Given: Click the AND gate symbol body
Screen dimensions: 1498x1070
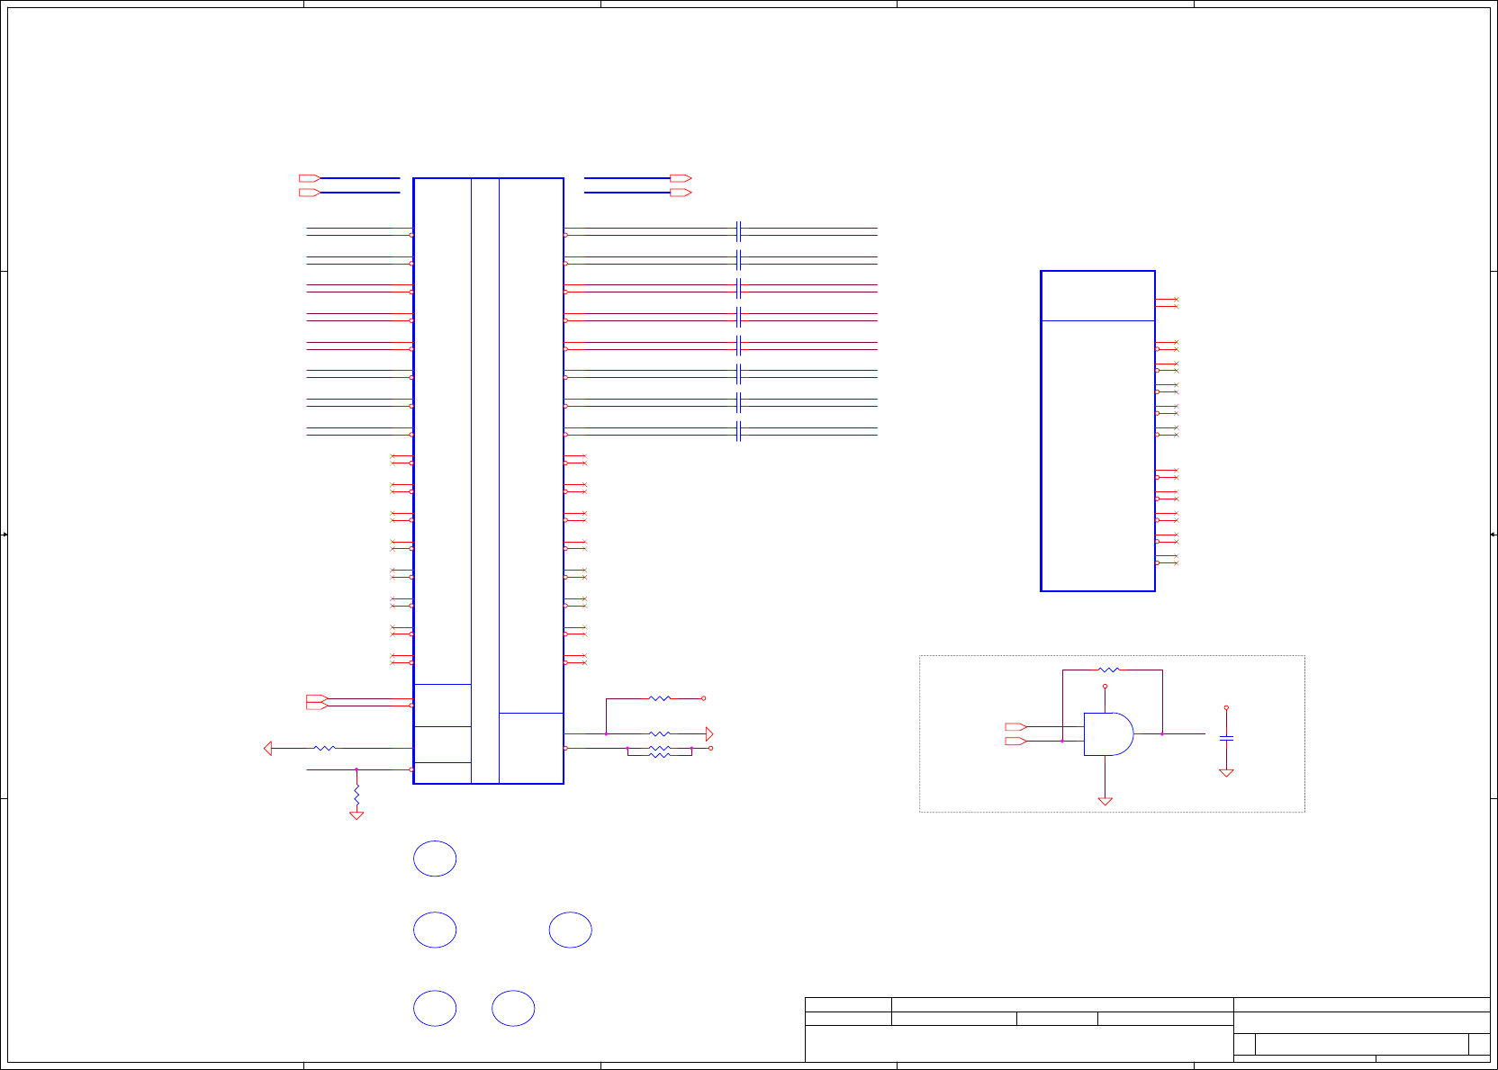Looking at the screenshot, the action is click(x=1108, y=734).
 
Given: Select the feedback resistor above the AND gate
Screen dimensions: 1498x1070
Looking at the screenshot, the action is click(x=1109, y=670).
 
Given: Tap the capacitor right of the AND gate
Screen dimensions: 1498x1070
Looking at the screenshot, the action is click(x=1226, y=738).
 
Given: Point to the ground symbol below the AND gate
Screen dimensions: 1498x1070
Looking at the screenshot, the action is click(x=1105, y=800).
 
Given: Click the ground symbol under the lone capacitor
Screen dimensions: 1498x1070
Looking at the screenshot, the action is click(x=1226, y=772).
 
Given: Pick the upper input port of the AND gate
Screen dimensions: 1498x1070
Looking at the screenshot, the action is click(x=1015, y=726).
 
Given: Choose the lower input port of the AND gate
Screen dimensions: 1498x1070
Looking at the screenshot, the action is click(x=1015, y=741).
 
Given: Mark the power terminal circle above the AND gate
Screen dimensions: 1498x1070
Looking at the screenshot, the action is click(x=1105, y=687).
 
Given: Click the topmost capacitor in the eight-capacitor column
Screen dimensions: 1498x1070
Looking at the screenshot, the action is click(x=738, y=231).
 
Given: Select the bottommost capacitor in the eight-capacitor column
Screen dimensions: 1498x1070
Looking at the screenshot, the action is click(x=738, y=432).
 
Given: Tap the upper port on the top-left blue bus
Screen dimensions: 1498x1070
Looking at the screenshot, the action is click(x=309, y=178).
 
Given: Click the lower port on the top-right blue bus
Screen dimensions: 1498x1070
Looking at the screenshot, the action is click(x=681, y=193).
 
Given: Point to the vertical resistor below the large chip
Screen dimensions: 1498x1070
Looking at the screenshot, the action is click(x=356, y=795).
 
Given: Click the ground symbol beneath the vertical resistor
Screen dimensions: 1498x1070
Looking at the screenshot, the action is click(x=356, y=814).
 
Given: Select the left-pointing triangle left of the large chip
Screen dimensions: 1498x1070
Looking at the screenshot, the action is click(x=268, y=748).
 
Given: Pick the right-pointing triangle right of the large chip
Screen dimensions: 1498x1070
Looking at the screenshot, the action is click(x=709, y=734).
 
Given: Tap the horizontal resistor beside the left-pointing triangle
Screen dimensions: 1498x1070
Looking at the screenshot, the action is click(x=325, y=748).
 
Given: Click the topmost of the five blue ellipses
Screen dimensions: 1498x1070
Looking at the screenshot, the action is click(x=435, y=859).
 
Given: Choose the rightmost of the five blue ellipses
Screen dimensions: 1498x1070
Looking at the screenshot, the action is click(x=571, y=930).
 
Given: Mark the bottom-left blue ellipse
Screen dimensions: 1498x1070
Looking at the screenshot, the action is click(x=435, y=1008).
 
